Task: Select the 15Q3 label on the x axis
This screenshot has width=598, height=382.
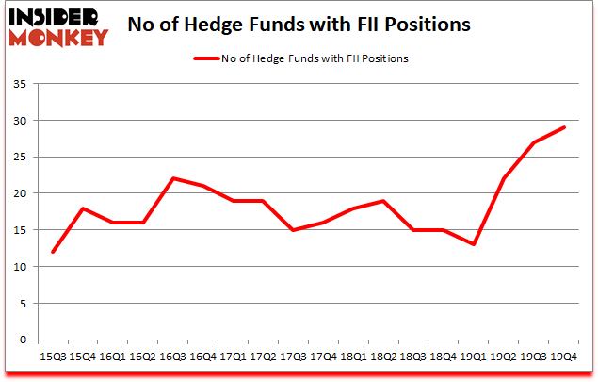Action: point(52,357)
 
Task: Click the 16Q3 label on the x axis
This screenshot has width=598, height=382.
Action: point(173,357)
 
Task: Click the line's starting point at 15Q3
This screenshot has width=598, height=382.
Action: point(53,252)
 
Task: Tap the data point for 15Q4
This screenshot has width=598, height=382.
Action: point(83,208)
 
